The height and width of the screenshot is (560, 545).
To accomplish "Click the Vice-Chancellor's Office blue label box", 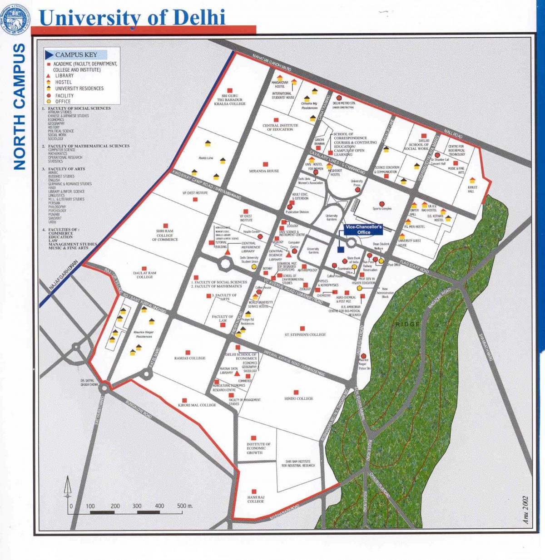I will click(363, 229).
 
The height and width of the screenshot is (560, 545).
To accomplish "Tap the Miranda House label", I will click(264, 171).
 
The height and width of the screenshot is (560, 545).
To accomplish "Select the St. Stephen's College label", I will click(305, 334).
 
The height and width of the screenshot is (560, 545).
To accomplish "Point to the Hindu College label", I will click(298, 398).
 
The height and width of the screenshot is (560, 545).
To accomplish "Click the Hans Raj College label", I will click(255, 499).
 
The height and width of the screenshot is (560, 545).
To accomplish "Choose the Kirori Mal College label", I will click(197, 405).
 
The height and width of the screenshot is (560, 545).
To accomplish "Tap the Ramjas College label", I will click(190, 358).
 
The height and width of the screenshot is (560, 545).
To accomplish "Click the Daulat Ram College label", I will click(144, 275).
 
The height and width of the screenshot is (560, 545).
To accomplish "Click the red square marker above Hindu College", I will click(296, 392).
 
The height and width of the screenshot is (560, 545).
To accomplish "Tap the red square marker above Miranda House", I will click(266, 164).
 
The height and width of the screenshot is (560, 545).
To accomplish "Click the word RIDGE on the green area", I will click(407, 324).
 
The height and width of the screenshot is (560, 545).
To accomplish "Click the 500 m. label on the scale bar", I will click(185, 506).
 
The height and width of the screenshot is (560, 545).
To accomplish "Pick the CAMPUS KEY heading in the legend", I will click(76, 55).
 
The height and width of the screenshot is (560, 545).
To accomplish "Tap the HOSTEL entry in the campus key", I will click(64, 82).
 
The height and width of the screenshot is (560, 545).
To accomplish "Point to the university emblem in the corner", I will click(15, 19).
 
